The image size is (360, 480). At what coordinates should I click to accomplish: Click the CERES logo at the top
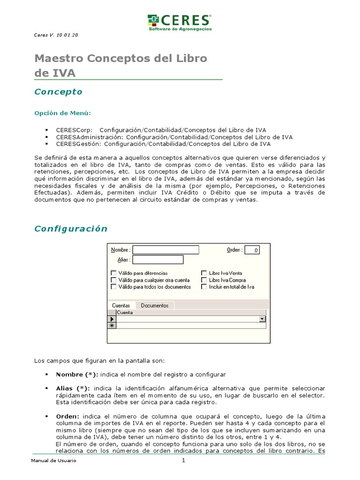point(180,22)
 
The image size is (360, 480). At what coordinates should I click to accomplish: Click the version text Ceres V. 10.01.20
point(57,36)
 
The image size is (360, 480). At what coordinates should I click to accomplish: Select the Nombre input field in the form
point(166,250)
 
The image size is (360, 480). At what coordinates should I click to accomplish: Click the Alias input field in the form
point(158,260)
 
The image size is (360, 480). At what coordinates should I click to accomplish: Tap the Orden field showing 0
point(252,250)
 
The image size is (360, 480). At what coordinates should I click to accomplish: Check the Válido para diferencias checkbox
point(113,273)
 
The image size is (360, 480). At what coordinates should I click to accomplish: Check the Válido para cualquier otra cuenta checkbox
point(113,280)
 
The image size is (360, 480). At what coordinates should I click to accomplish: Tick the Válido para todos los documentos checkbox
point(113,287)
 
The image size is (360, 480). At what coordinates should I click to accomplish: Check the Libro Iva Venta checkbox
point(204,273)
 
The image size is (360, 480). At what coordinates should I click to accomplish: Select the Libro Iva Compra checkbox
point(204,280)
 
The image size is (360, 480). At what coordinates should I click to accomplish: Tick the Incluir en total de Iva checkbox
point(204,287)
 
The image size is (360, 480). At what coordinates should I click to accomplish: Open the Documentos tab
point(155,305)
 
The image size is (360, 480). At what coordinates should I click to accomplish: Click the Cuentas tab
point(121,305)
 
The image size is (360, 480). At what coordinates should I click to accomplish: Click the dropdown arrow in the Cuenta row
point(262,319)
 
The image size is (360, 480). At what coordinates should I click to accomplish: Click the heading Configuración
point(71,229)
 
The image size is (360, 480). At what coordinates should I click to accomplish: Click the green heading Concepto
point(58,92)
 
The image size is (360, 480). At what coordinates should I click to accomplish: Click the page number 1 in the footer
point(184,460)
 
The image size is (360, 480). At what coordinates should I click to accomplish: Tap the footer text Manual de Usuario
point(53,461)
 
